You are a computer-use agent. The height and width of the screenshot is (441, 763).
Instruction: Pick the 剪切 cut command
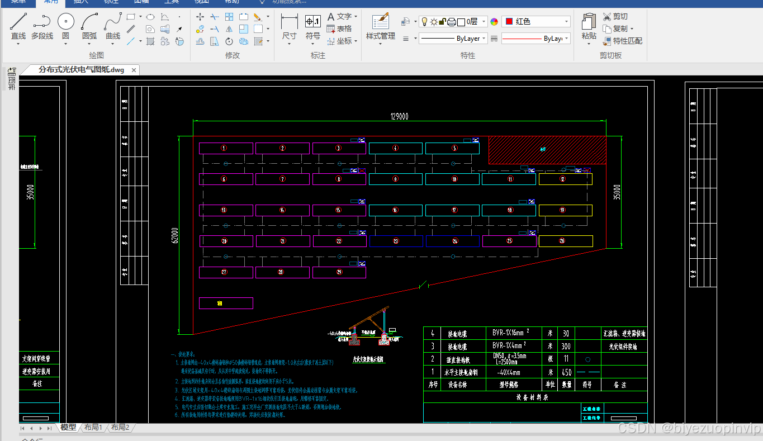(x=615, y=17)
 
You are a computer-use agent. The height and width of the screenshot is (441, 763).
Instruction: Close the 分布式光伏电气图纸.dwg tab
(x=134, y=70)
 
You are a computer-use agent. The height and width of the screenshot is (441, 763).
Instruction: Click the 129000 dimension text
(x=399, y=116)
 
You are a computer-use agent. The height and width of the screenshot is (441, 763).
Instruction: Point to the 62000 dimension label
(x=174, y=235)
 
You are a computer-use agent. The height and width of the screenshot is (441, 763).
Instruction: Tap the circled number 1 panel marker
(x=224, y=148)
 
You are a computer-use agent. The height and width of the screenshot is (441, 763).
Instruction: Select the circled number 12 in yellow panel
(x=563, y=179)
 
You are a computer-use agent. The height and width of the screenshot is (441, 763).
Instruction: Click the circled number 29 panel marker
(x=339, y=272)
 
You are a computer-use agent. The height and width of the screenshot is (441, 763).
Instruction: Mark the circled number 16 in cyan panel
(x=395, y=210)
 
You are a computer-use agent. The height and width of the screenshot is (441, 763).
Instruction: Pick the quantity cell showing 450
(x=567, y=372)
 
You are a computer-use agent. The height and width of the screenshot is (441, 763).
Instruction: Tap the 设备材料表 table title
(x=532, y=397)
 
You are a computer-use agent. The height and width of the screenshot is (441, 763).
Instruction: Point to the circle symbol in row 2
(x=587, y=359)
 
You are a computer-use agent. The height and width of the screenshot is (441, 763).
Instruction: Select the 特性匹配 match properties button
(x=622, y=41)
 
